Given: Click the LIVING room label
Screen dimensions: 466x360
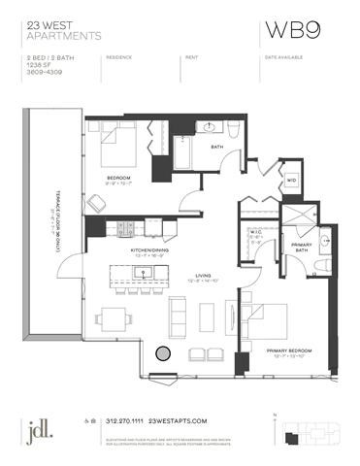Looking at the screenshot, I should coord(203,275).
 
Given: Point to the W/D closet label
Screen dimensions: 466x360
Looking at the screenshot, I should coord(291,180).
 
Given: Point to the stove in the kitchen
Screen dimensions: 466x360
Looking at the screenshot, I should coord(125,229).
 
